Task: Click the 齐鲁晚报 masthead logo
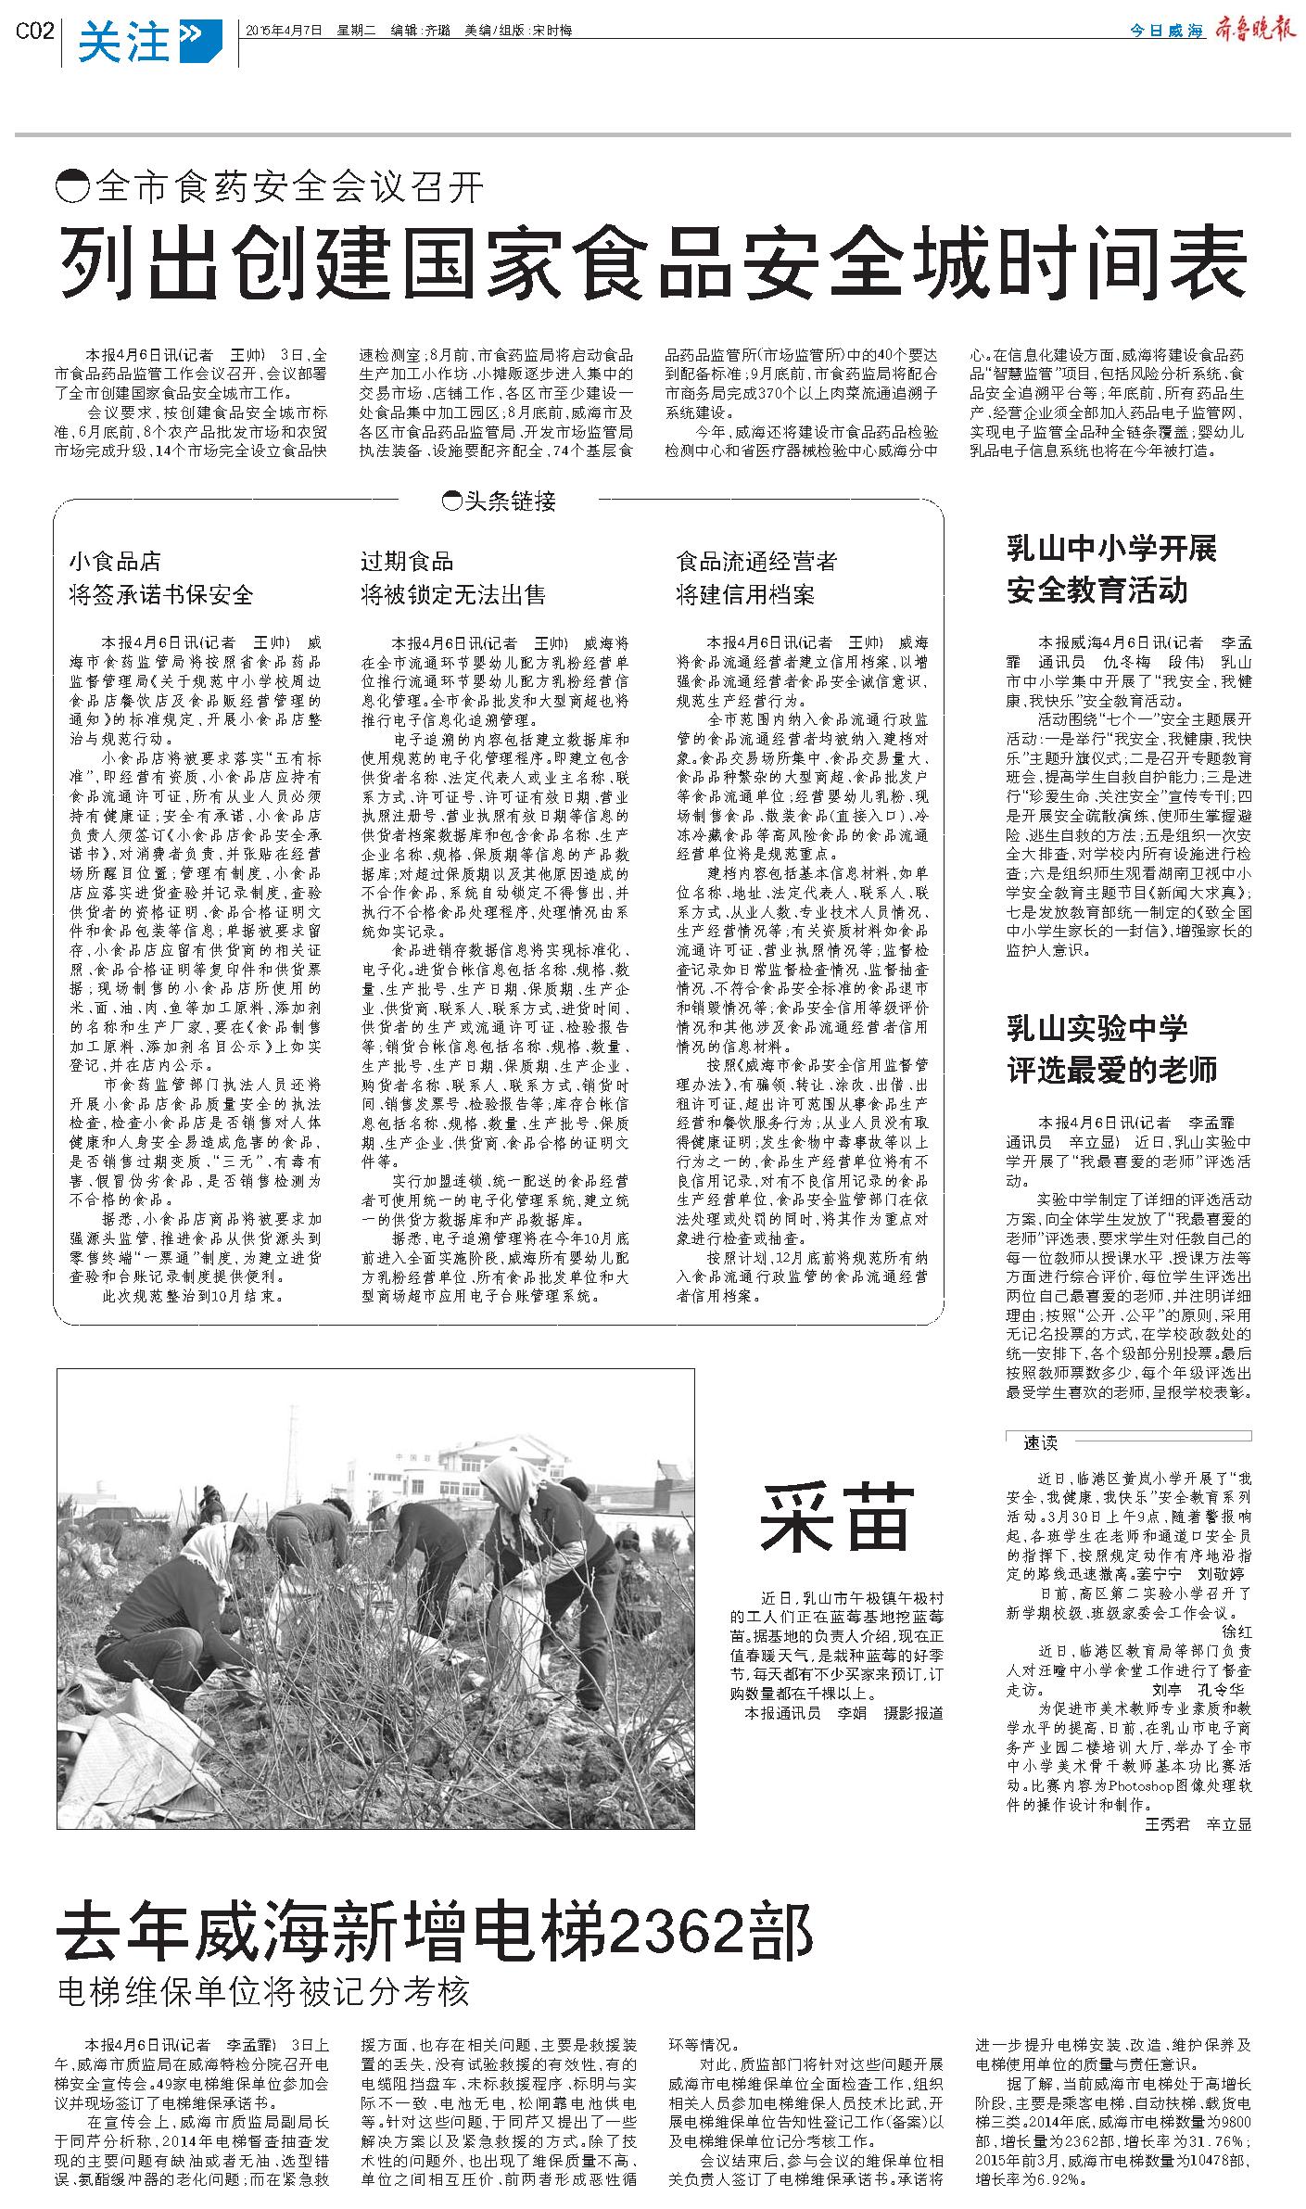[x=1250, y=31]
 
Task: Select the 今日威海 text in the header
[x=1166, y=32]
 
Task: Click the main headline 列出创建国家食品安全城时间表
[x=653, y=261]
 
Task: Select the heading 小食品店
[x=115, y=561]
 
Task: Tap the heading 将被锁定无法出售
[x=453, y=594]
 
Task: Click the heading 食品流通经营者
[x=756, y=561]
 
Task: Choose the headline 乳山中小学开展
[x=1111, y=549]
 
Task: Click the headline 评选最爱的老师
[x=1111, y=1070]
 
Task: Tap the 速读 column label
[x=1040, y=1442]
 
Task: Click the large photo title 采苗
[x=836, y=1518]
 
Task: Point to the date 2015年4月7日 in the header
[x=284, y=31]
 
